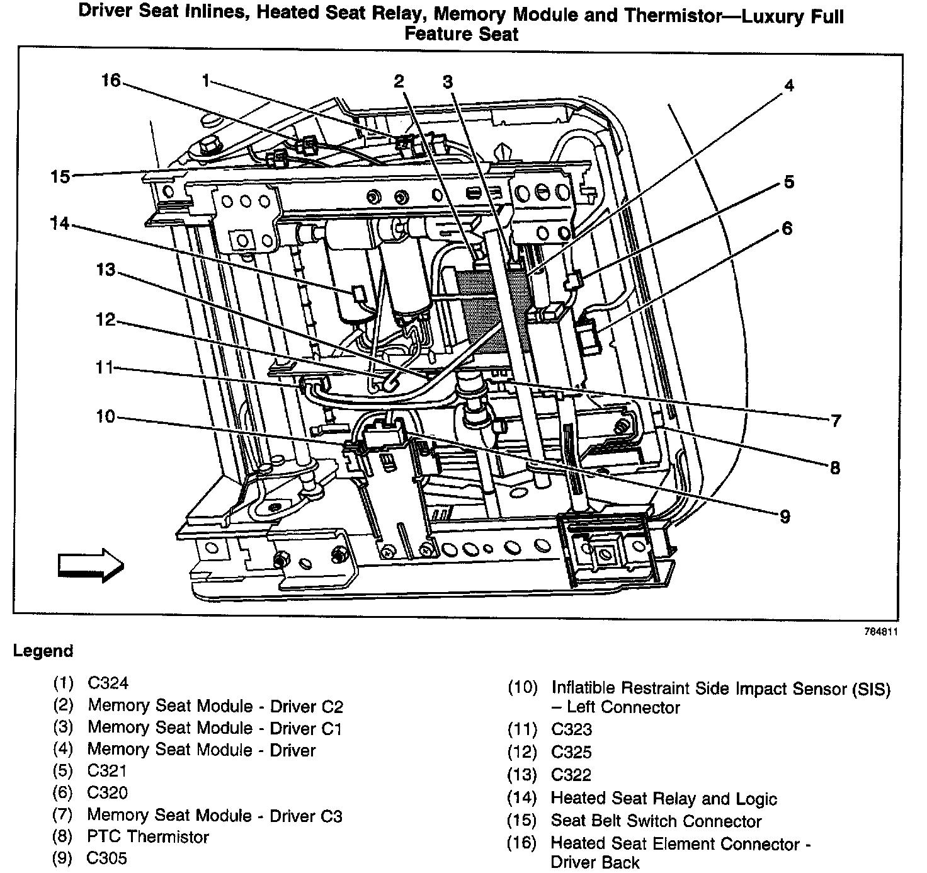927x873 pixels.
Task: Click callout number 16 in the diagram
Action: click(x=110, y=81)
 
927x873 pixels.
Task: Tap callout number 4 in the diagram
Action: click(x=788, y=85)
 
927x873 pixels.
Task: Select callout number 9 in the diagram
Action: click(x=784, y=516)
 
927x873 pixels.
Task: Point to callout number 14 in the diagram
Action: click(x=60, y=223)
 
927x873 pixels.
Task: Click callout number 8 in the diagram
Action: click(x=834, y=467)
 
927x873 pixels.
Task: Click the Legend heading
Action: click(x=43, y=651)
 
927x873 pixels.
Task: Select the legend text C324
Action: click(x=109, y=683)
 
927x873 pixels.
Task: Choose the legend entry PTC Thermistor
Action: click(x=148, y=837)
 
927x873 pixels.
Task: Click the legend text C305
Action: click(x=108, y=859)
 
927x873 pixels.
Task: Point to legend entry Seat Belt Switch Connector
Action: click(x=656, y=821)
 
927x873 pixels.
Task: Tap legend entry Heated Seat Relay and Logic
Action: click(x=664, y=799)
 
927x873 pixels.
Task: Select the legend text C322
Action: click(x=571, y=775)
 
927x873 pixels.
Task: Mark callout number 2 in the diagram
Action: click(x=399, y=81)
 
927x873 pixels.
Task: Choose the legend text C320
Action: click(x=108, y=793)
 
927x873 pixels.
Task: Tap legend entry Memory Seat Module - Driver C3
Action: click(x=215, y=815)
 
